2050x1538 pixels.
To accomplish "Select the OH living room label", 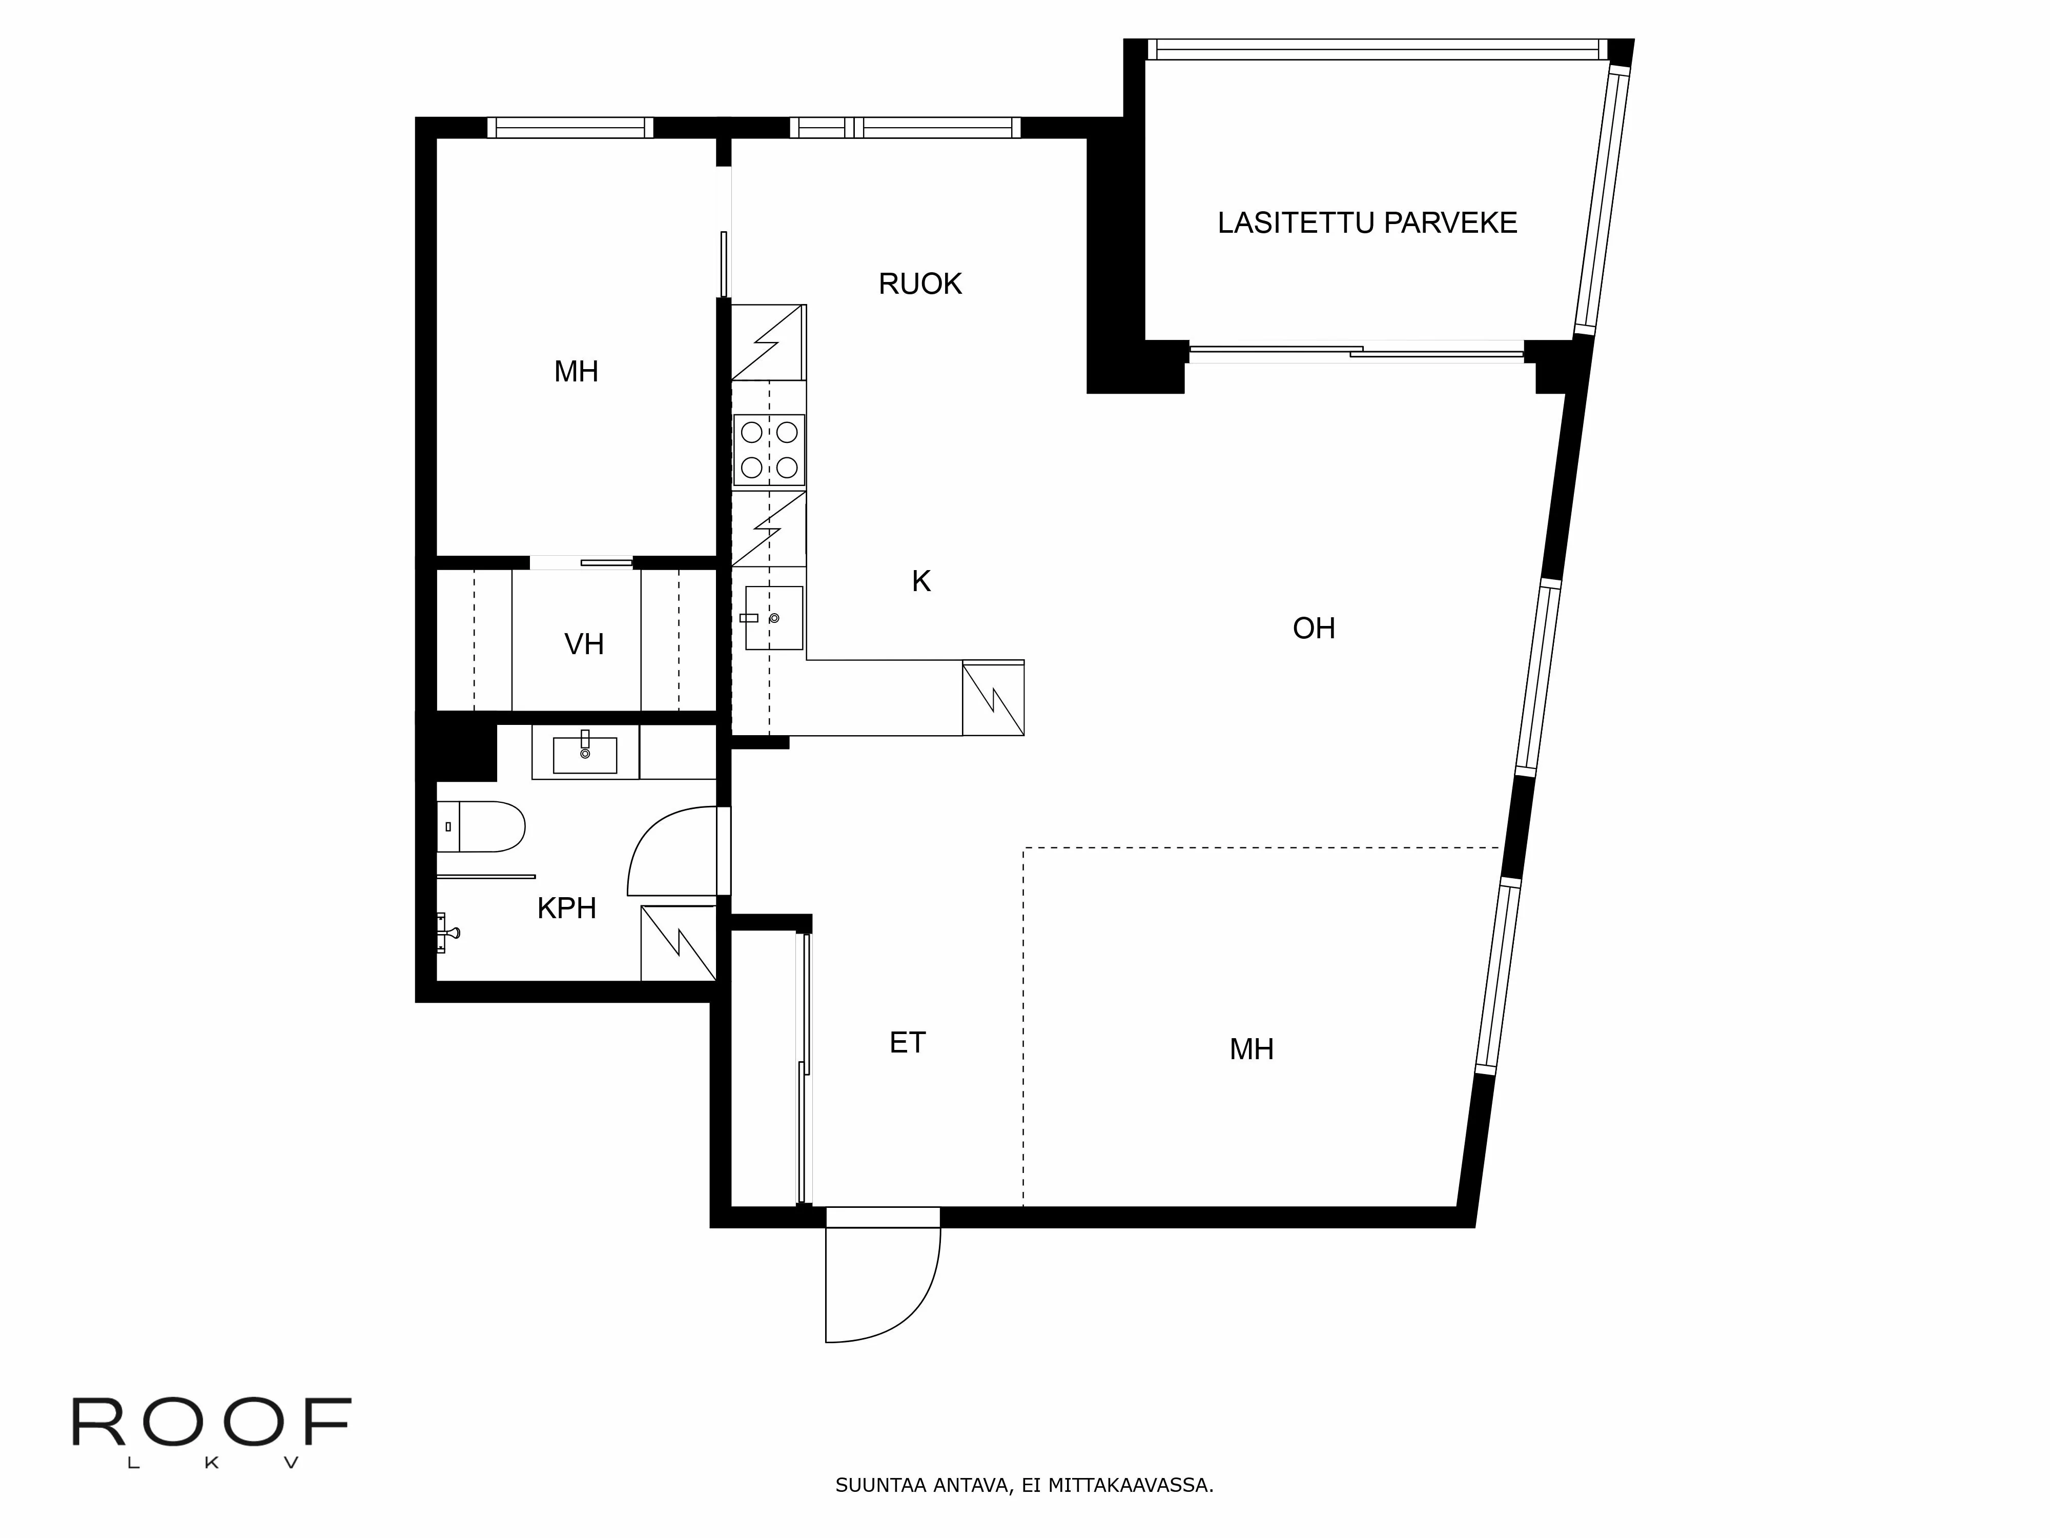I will tap(1313, 629).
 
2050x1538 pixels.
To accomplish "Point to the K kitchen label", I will tap(920, 581).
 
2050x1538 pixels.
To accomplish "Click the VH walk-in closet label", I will tap(584, 644).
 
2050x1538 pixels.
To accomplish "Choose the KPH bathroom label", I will tap(566, 908).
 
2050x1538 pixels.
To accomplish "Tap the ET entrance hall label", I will tap(907, 1043).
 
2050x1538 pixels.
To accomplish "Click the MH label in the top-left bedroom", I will tap(576, 372).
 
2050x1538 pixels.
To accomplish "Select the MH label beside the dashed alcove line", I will tap(1251, 1049).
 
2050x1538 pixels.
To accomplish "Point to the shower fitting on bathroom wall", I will tap(447, 933).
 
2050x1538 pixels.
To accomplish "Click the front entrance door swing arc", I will tap(890, 1298).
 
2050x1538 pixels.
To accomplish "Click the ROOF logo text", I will tap(211, 1423).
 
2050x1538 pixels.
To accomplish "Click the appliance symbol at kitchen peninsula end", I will tap(993, 699).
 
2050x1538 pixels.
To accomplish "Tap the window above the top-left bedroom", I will tap(570, 128).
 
